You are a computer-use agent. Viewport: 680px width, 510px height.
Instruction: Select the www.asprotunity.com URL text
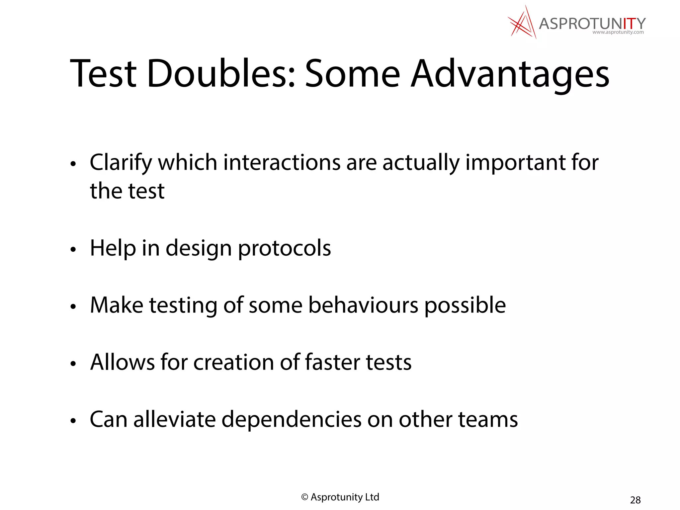tap(618, 32)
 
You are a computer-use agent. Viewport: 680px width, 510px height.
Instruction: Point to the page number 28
tap(635, 500)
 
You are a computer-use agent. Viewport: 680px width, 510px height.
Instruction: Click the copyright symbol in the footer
tap(304, 497)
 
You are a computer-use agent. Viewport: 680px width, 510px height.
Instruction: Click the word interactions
tap(282, 163)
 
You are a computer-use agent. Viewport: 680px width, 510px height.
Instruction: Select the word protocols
tap(284, 248)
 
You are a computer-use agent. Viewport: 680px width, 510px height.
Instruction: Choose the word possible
tap(465, 305)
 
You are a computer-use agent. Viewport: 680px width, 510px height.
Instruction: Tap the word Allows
tap(122, 362)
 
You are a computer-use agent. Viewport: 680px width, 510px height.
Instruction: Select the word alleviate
tap(174, 419)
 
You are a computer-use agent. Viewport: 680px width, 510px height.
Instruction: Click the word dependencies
tap(291, 420)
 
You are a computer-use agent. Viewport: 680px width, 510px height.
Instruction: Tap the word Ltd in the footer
tap(372, 497)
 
